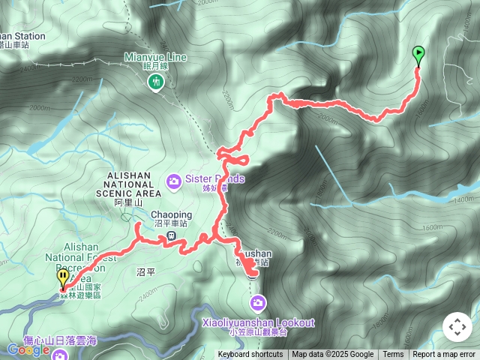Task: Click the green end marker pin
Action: pos(418,55)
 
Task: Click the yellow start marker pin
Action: pos(62,278)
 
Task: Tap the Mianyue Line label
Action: pos(155,56)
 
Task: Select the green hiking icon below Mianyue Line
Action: pos(156,81)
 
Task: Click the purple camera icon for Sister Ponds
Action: pos(174,179)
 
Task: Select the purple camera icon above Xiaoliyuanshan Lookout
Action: pos(257,303)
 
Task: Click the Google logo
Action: pos(28,349)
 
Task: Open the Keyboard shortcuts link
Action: pos(250,355)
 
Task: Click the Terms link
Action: pos(393,355)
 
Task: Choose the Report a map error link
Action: pos(444,355)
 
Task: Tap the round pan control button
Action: pos(457,327)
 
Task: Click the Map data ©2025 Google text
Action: pos(332,355)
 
